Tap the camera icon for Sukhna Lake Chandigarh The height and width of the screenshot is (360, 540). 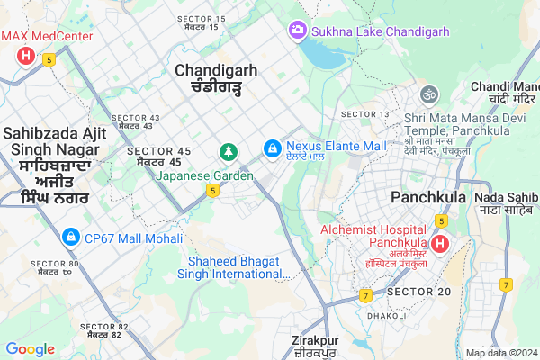point(296,31)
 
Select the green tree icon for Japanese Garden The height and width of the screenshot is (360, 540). point(229,151)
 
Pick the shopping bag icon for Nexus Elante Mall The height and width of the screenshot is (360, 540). point(271,147)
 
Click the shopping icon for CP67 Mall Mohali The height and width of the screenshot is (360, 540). point(69,238)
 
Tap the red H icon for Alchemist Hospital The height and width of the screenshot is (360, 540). point(439,244)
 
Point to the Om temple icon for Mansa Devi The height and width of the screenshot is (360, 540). point(428,93)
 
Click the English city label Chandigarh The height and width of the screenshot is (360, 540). point(217,69)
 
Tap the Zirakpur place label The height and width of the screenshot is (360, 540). point(314,341)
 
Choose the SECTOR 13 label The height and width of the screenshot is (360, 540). point(366,113)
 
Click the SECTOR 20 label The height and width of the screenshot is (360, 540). point(418,292)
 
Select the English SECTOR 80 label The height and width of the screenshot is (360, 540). point(55,264)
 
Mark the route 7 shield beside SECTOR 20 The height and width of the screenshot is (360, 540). point(365,295)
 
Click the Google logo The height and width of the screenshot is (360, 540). point(31,349)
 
